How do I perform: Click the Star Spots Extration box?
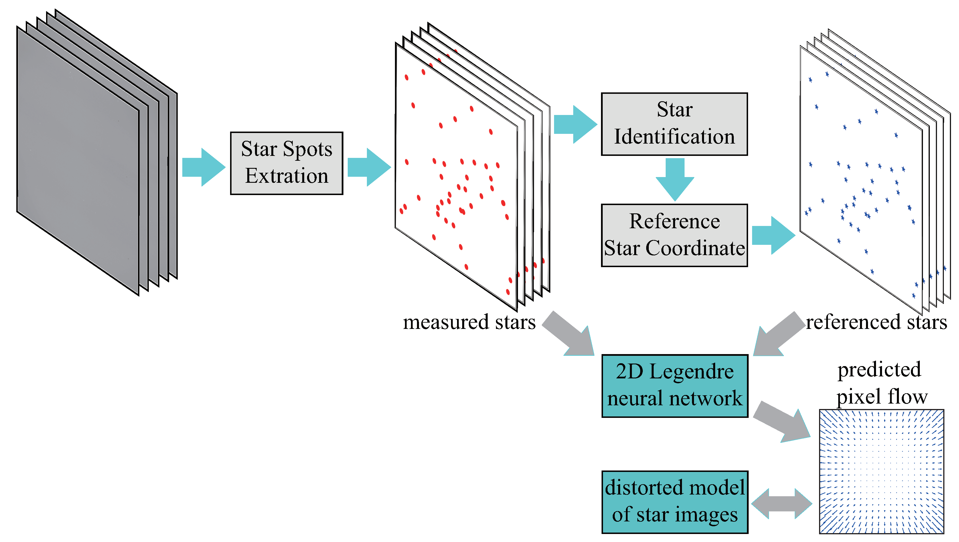pos(286,163)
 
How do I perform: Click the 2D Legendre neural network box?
pos(675,386)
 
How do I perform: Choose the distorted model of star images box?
pos(675,502)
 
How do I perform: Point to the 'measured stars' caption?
pos(469,322)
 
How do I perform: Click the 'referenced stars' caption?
pos(876,322)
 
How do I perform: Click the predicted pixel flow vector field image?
pos(881,471)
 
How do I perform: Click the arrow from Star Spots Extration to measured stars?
pos(369,167)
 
